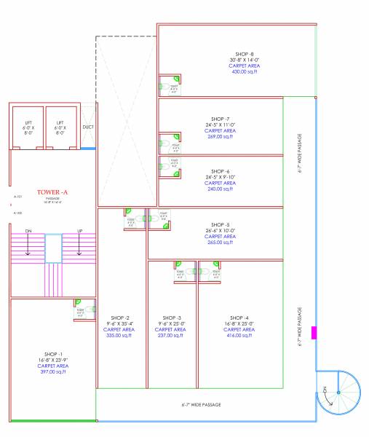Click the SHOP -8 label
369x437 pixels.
pos(241,54)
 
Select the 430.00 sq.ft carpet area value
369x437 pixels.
pos(241,72)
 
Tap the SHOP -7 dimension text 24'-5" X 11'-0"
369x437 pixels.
pos(218,125)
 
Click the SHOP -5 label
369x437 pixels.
pos(220,224)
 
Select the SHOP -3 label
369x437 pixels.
pos(172,318)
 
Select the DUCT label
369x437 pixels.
pos(88,127)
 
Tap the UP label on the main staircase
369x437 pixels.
pos(80,231)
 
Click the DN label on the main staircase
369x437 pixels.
pos(28,231)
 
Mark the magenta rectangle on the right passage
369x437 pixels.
pos(314,333)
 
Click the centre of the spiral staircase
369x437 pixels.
pos(338,393)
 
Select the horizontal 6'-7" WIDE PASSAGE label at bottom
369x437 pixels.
pos(201,404)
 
